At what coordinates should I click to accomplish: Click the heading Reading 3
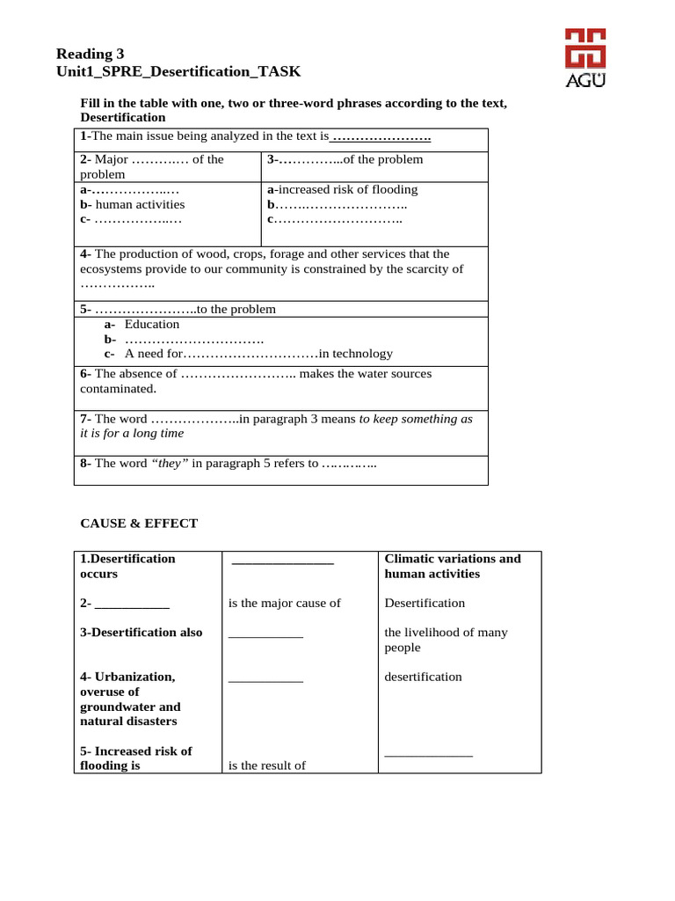91,54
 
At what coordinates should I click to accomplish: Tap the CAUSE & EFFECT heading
139,523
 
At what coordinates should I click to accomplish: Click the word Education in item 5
152,324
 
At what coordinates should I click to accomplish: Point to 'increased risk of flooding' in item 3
346,189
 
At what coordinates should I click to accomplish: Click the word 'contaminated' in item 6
118,388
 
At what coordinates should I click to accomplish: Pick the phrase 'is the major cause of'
284,603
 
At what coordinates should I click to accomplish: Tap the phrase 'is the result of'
267,765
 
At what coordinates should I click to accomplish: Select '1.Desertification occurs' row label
127,566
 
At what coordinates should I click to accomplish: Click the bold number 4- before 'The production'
85,253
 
